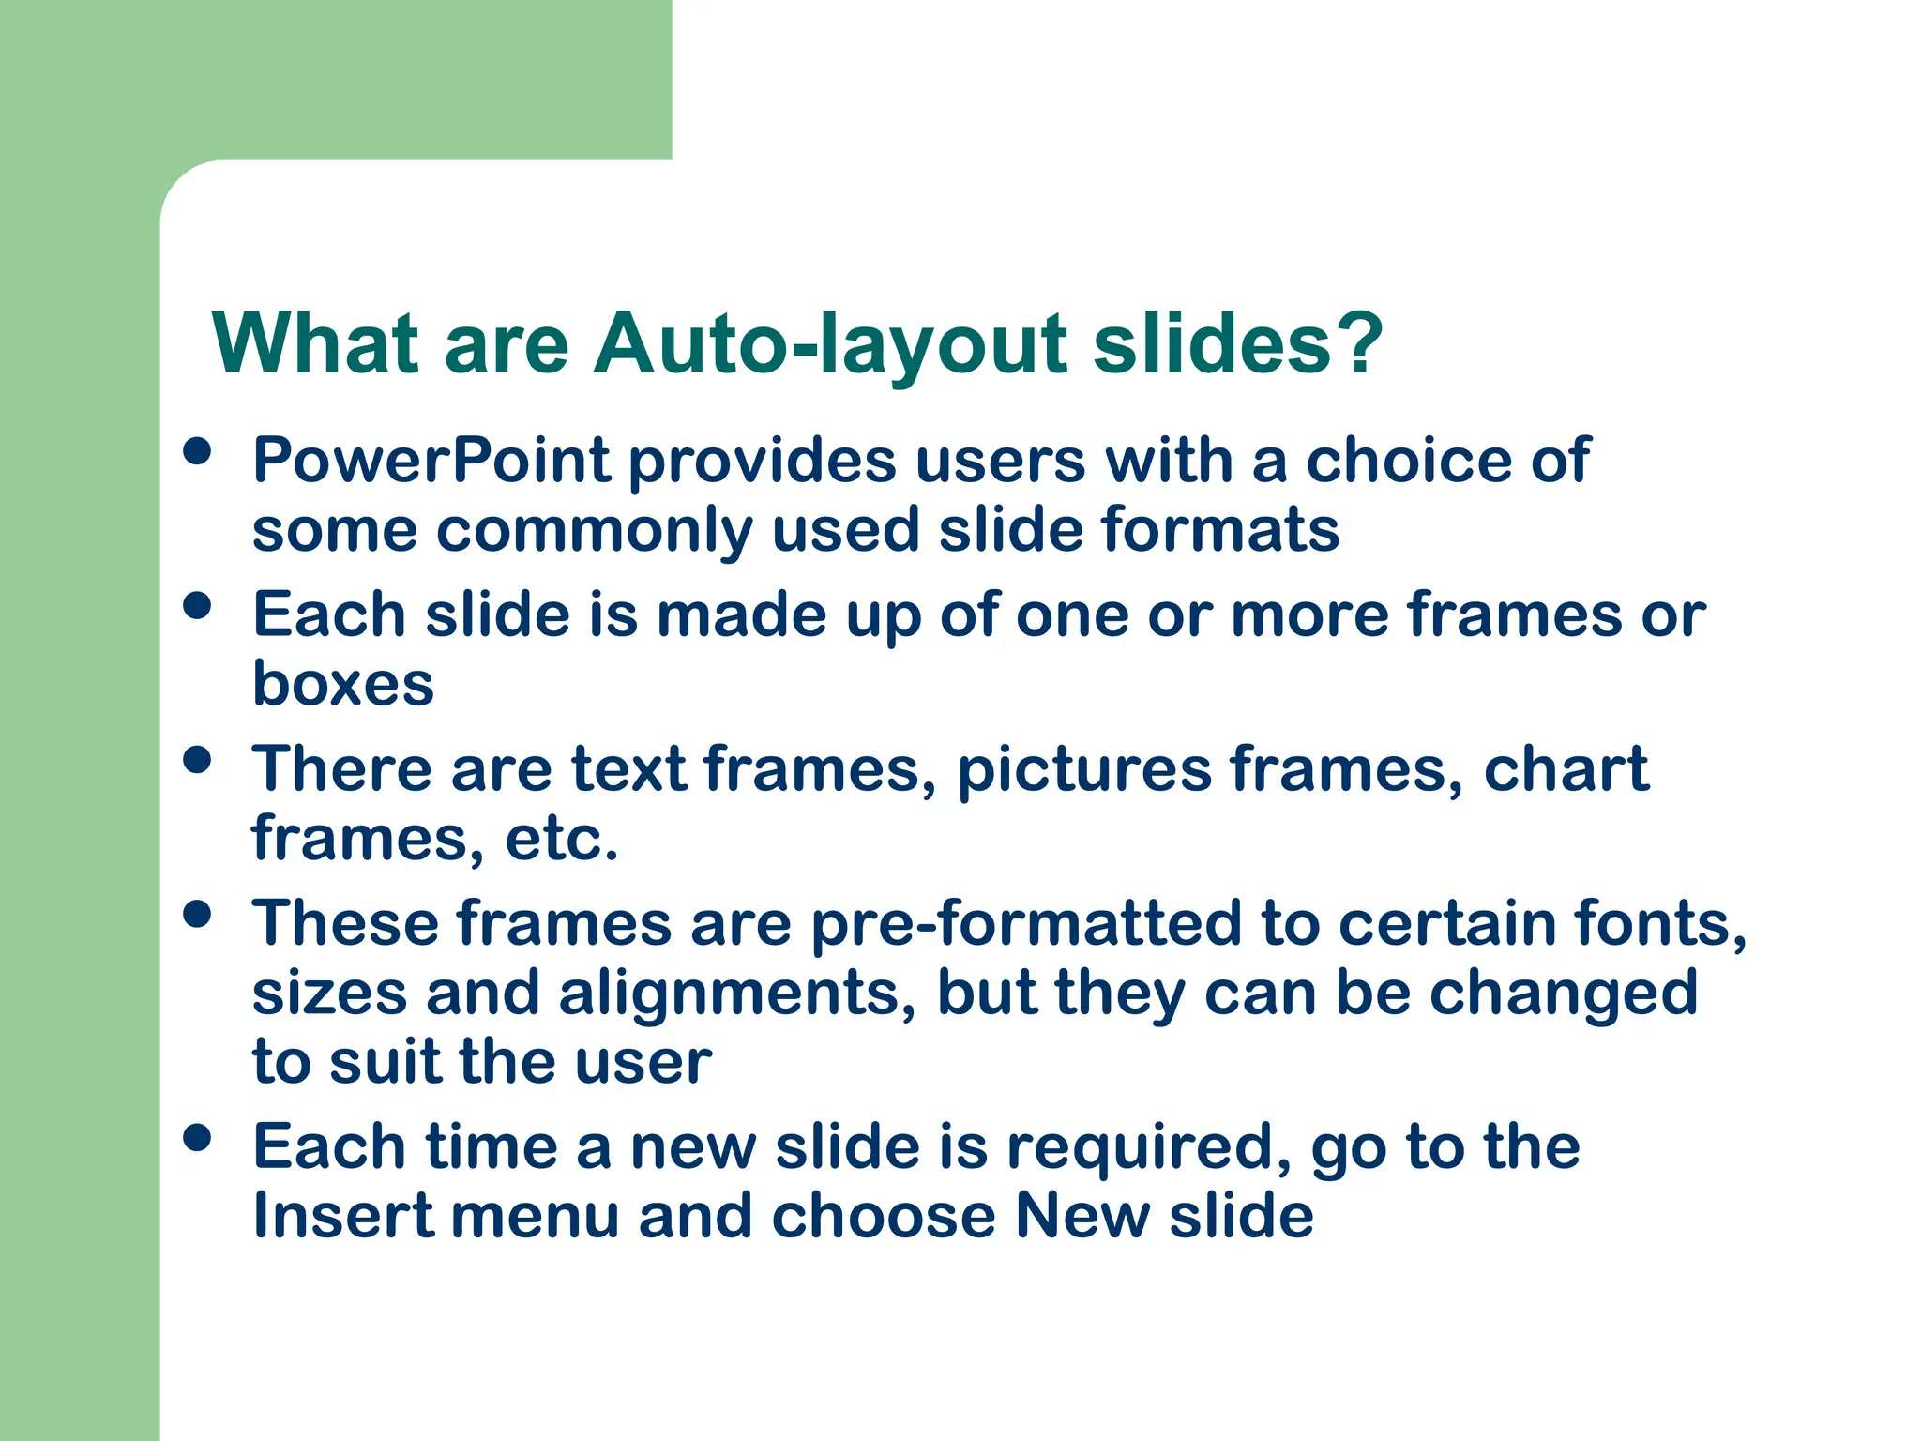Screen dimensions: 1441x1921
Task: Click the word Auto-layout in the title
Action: point(831,343)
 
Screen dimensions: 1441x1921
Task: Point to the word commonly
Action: point(594,531)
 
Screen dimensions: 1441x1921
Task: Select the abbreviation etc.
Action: point(561,838)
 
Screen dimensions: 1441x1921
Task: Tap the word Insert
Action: point(342,1216)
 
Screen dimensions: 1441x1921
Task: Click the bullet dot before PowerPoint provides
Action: point(197,451)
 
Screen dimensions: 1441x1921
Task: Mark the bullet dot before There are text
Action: point(197,759)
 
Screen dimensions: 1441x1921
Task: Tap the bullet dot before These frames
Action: point(197,914)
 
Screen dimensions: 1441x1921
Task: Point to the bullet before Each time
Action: point(197,1138)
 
